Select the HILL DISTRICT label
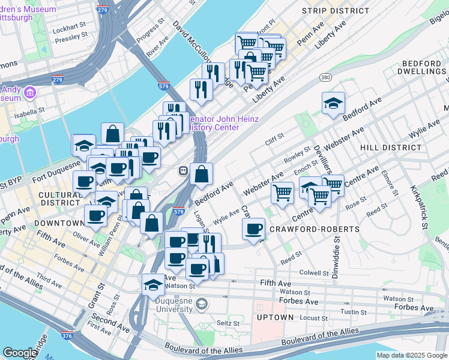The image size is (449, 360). point(390,147)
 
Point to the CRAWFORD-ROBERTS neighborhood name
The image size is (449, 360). point(314,229)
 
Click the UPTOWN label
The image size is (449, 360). point(276,317)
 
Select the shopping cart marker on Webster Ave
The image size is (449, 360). point(282,192)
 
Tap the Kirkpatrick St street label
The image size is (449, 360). point(417,213)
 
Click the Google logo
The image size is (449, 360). point(20,353)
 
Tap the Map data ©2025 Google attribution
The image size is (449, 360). point(411,355)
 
